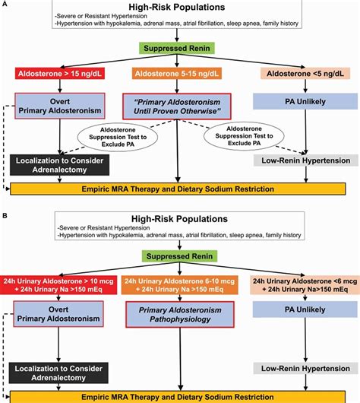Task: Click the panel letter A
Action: point(5,5)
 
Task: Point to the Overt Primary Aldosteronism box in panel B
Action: point(58,313)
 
